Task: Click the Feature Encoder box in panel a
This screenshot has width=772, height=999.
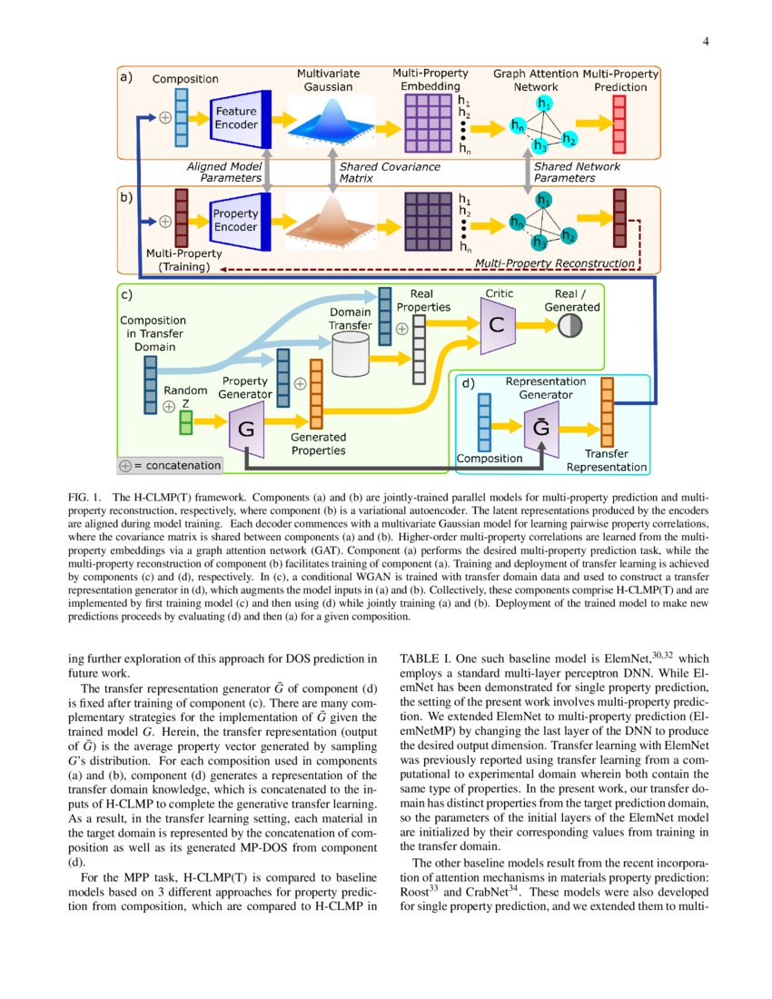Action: [236, 118]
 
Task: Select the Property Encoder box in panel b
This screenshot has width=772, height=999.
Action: [236, 220]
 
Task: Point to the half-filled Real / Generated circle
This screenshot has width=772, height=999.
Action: [569, 327]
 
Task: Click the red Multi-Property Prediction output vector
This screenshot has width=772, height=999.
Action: [619, 123]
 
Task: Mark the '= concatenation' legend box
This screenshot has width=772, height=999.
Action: [171, 465]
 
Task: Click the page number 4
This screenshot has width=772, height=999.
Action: [705, 41]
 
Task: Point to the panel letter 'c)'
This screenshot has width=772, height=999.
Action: [128, 294]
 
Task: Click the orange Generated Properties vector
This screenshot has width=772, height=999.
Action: [316, 394]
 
